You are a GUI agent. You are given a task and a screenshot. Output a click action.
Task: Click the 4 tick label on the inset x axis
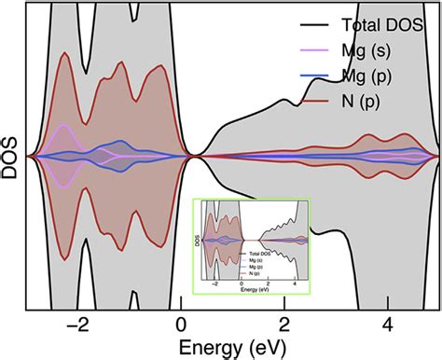click(x=295, y=282)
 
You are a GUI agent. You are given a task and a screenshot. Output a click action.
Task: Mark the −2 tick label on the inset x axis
click(x=216, y=282)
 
